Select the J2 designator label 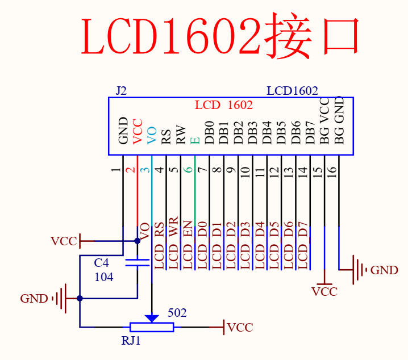click(120, 91)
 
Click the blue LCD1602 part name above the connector click(292, 91)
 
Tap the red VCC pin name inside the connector click(138, 130)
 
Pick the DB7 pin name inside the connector click(310, 131)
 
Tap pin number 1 click(117, 170)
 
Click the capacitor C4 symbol click(138, 262)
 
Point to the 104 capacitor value click(103, 277)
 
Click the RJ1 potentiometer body click(152, 326)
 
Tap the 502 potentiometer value click(177, 313)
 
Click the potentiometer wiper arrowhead click(152, 318)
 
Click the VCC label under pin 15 click(324, 292)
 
